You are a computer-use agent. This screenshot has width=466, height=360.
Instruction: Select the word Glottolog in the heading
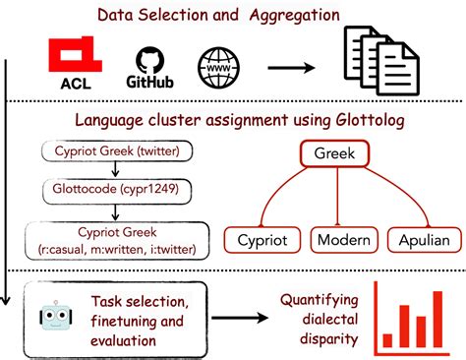point(353,122)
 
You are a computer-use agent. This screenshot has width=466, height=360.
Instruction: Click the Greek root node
point(332,154)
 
